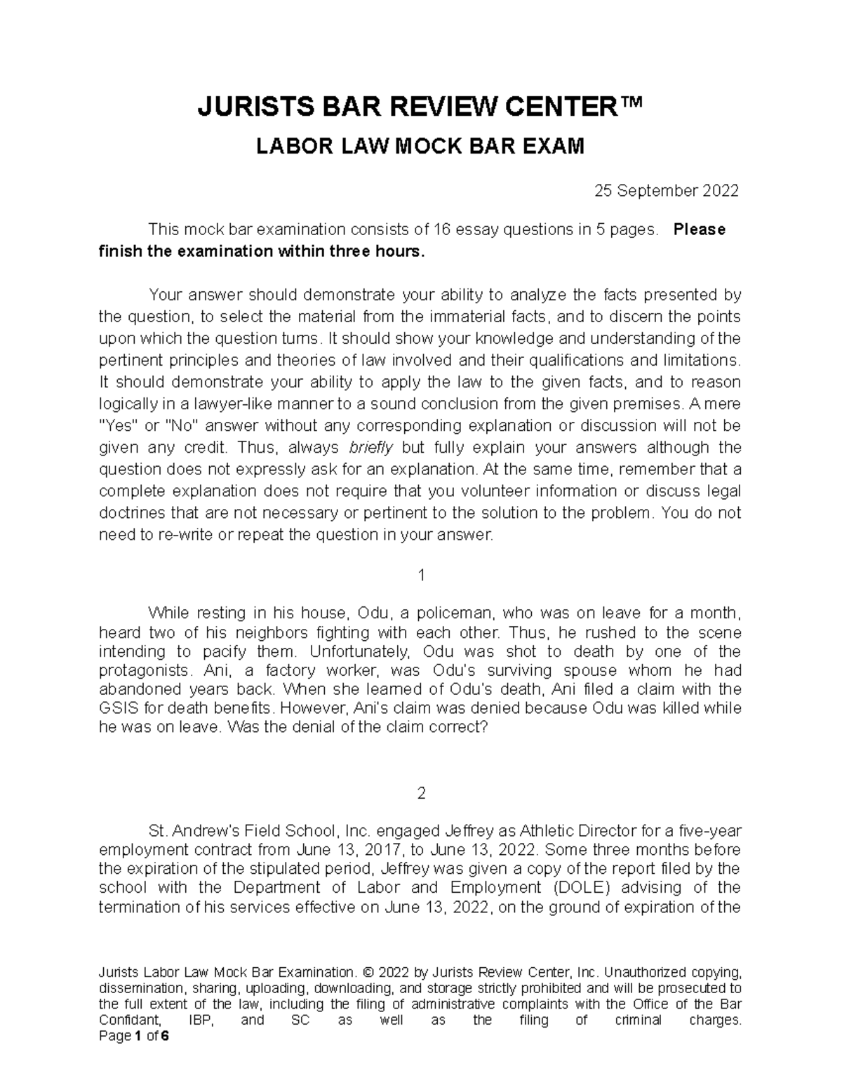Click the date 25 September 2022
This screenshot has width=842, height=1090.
pyautogui.click(x=667, y=191)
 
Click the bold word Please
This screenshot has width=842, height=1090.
pyautogui.click(x=699, y=230)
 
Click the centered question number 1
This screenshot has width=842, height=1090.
pyautogui.click(x=421, y=576)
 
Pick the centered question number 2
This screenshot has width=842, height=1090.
pyautogui.click(x=421, y=794)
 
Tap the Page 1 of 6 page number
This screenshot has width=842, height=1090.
pyautogui.click(x=134, y=1036)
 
